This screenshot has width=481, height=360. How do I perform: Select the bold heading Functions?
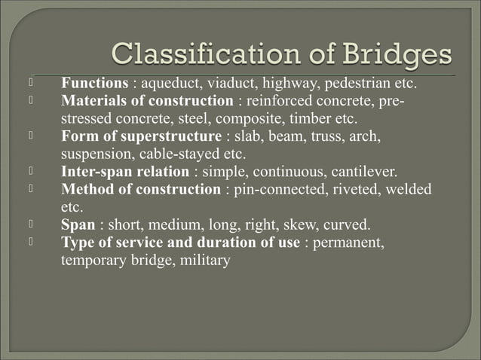[93, 83]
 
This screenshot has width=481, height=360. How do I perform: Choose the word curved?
[347, 225]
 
